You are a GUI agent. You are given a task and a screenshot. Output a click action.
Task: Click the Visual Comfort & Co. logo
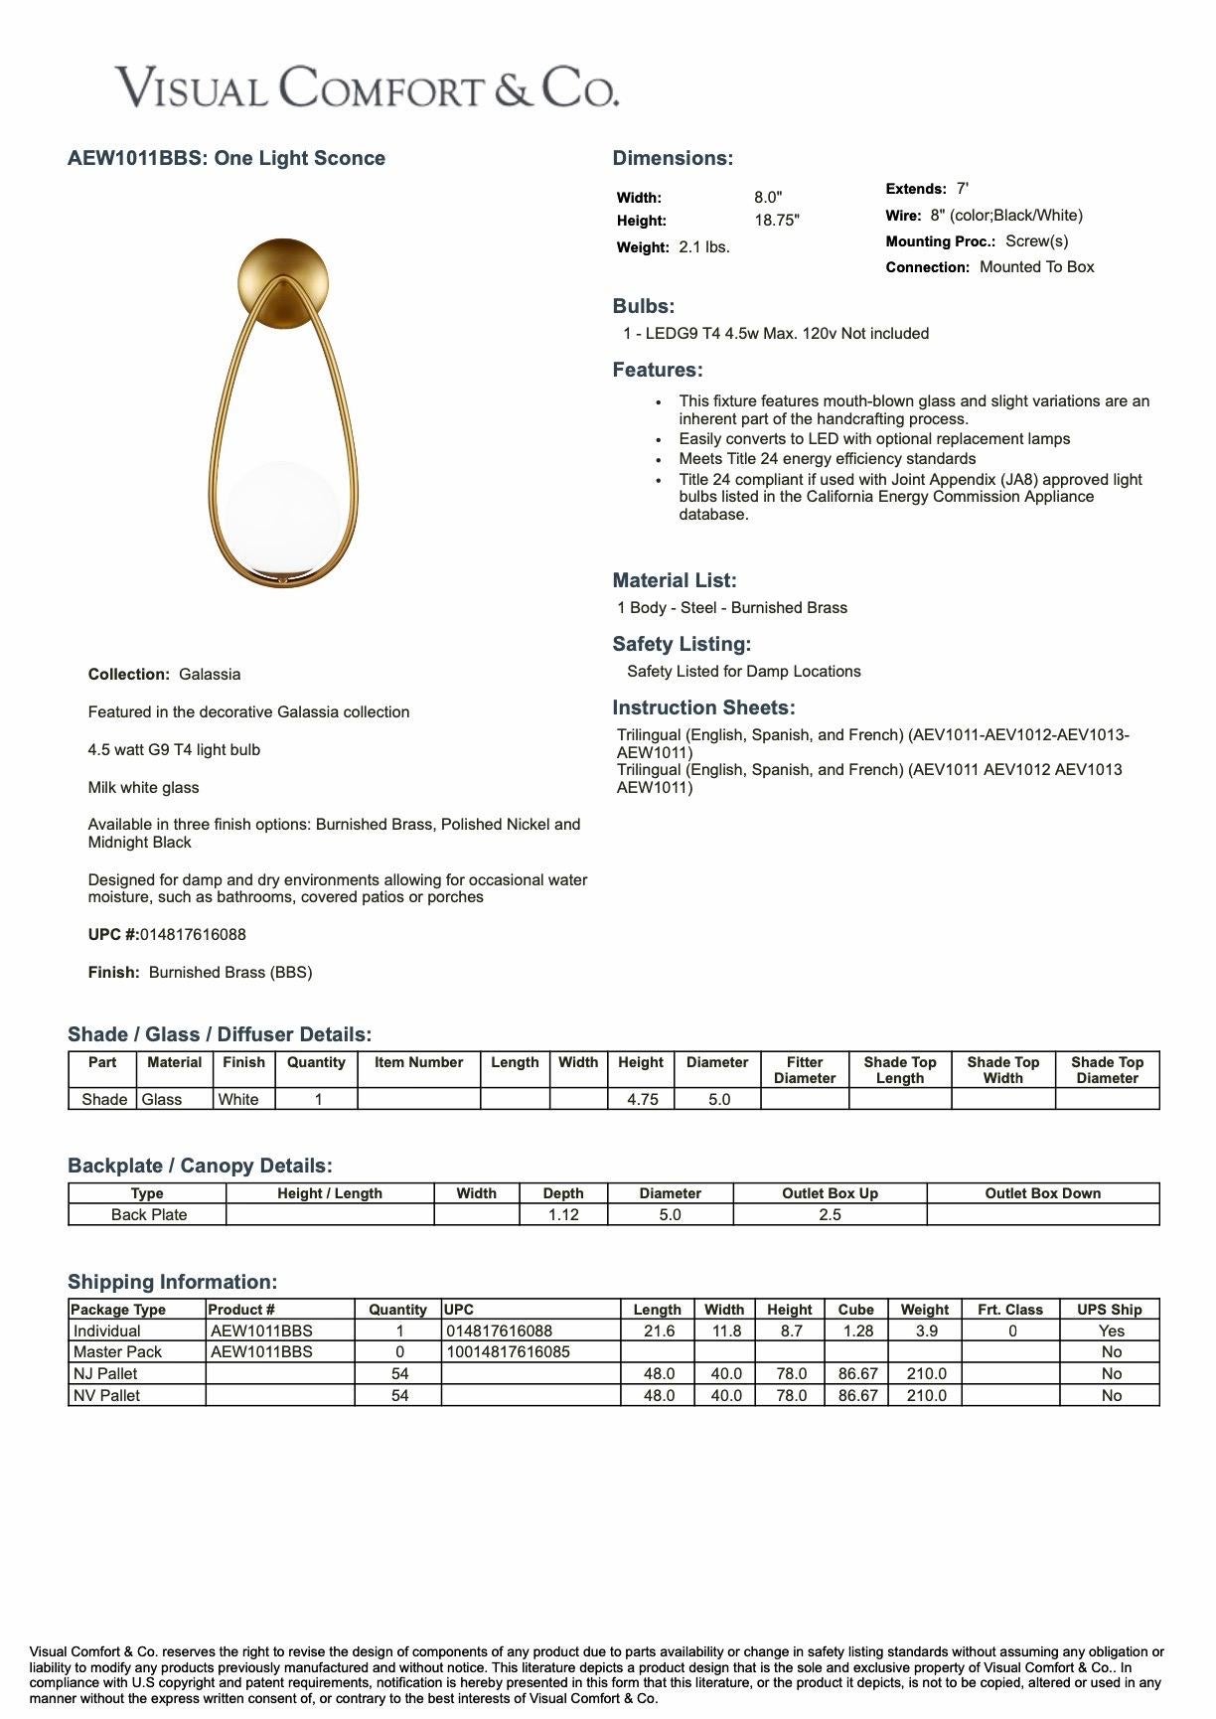[x=367, y=87]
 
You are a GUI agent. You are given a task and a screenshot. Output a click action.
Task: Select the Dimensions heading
[x=673, y=158]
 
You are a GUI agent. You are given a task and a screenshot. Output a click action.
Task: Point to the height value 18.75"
[x=776, y=221]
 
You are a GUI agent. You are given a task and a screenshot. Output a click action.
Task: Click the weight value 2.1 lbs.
[x=704, y=247]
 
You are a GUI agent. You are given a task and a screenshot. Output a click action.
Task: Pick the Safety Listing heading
[x=682, y=644]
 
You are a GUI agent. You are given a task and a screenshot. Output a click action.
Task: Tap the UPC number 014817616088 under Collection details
[x=193, y=935]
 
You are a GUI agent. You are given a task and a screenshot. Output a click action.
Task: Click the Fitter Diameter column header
[x=804, y=1070]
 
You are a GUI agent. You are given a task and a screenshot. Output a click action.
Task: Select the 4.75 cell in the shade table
[x=642, y=1100]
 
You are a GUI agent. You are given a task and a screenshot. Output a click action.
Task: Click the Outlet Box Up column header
[x=830, y=1193]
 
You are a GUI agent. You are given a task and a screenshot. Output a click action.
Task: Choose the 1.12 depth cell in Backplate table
[x=563, y=1215]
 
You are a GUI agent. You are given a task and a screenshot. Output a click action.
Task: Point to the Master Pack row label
[x=117, y=1352]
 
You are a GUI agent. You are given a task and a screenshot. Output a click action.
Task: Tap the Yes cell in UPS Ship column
[x=1111, y=1331]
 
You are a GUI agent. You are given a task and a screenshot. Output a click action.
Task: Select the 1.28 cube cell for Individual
[x=857, y=1331]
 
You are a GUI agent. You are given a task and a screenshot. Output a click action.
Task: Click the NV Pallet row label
[x=106, y=1396]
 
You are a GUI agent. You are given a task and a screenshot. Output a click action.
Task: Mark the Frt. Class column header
[x=1009, y=1310]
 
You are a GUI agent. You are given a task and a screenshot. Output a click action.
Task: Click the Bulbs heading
[x=643, y=307]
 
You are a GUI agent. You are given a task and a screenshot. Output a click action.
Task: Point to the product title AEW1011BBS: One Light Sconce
[x=227, y=158]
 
